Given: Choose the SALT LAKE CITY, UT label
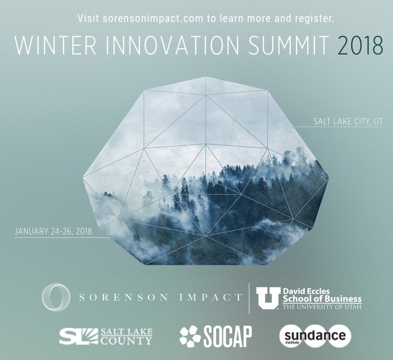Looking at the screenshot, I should (348, 122).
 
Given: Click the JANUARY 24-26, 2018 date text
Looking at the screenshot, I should (53, 231).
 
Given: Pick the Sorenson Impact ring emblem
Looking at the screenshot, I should (55, 297).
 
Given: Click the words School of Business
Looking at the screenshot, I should (322, 299).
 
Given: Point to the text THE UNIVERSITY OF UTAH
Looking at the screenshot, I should (322, 307).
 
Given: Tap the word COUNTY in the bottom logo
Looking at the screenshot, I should (126, 340).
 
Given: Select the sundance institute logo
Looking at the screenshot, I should (315, 336).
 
